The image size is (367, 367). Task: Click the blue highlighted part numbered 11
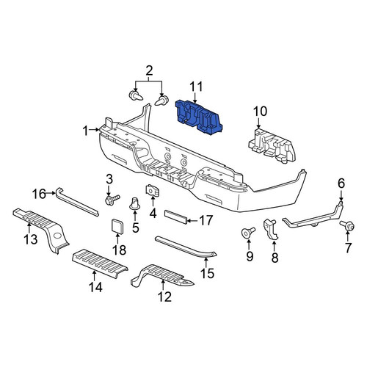[198, 117]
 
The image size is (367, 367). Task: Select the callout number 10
[260, 112]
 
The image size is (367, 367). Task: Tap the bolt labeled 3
[112, 200]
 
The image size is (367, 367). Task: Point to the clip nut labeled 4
[152, 190]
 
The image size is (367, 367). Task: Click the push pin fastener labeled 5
[134, 204]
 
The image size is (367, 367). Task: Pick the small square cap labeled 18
[117, 225]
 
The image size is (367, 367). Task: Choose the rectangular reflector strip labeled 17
[176, 217]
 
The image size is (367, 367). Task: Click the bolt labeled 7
[347, 225]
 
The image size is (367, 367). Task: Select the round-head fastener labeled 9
[248, 232]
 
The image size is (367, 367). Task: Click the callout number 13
[31, 239]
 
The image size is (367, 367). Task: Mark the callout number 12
[164, 297]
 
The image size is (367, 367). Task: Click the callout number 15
[207, 273]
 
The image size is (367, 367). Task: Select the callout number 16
[39, 194]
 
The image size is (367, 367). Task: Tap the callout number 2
[149, 70]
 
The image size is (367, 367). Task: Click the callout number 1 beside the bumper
[85, 131]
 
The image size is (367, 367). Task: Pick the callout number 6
[341, 183]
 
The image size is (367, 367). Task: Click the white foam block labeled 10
[272, 145]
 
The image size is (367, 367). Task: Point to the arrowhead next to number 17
[189, 221]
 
